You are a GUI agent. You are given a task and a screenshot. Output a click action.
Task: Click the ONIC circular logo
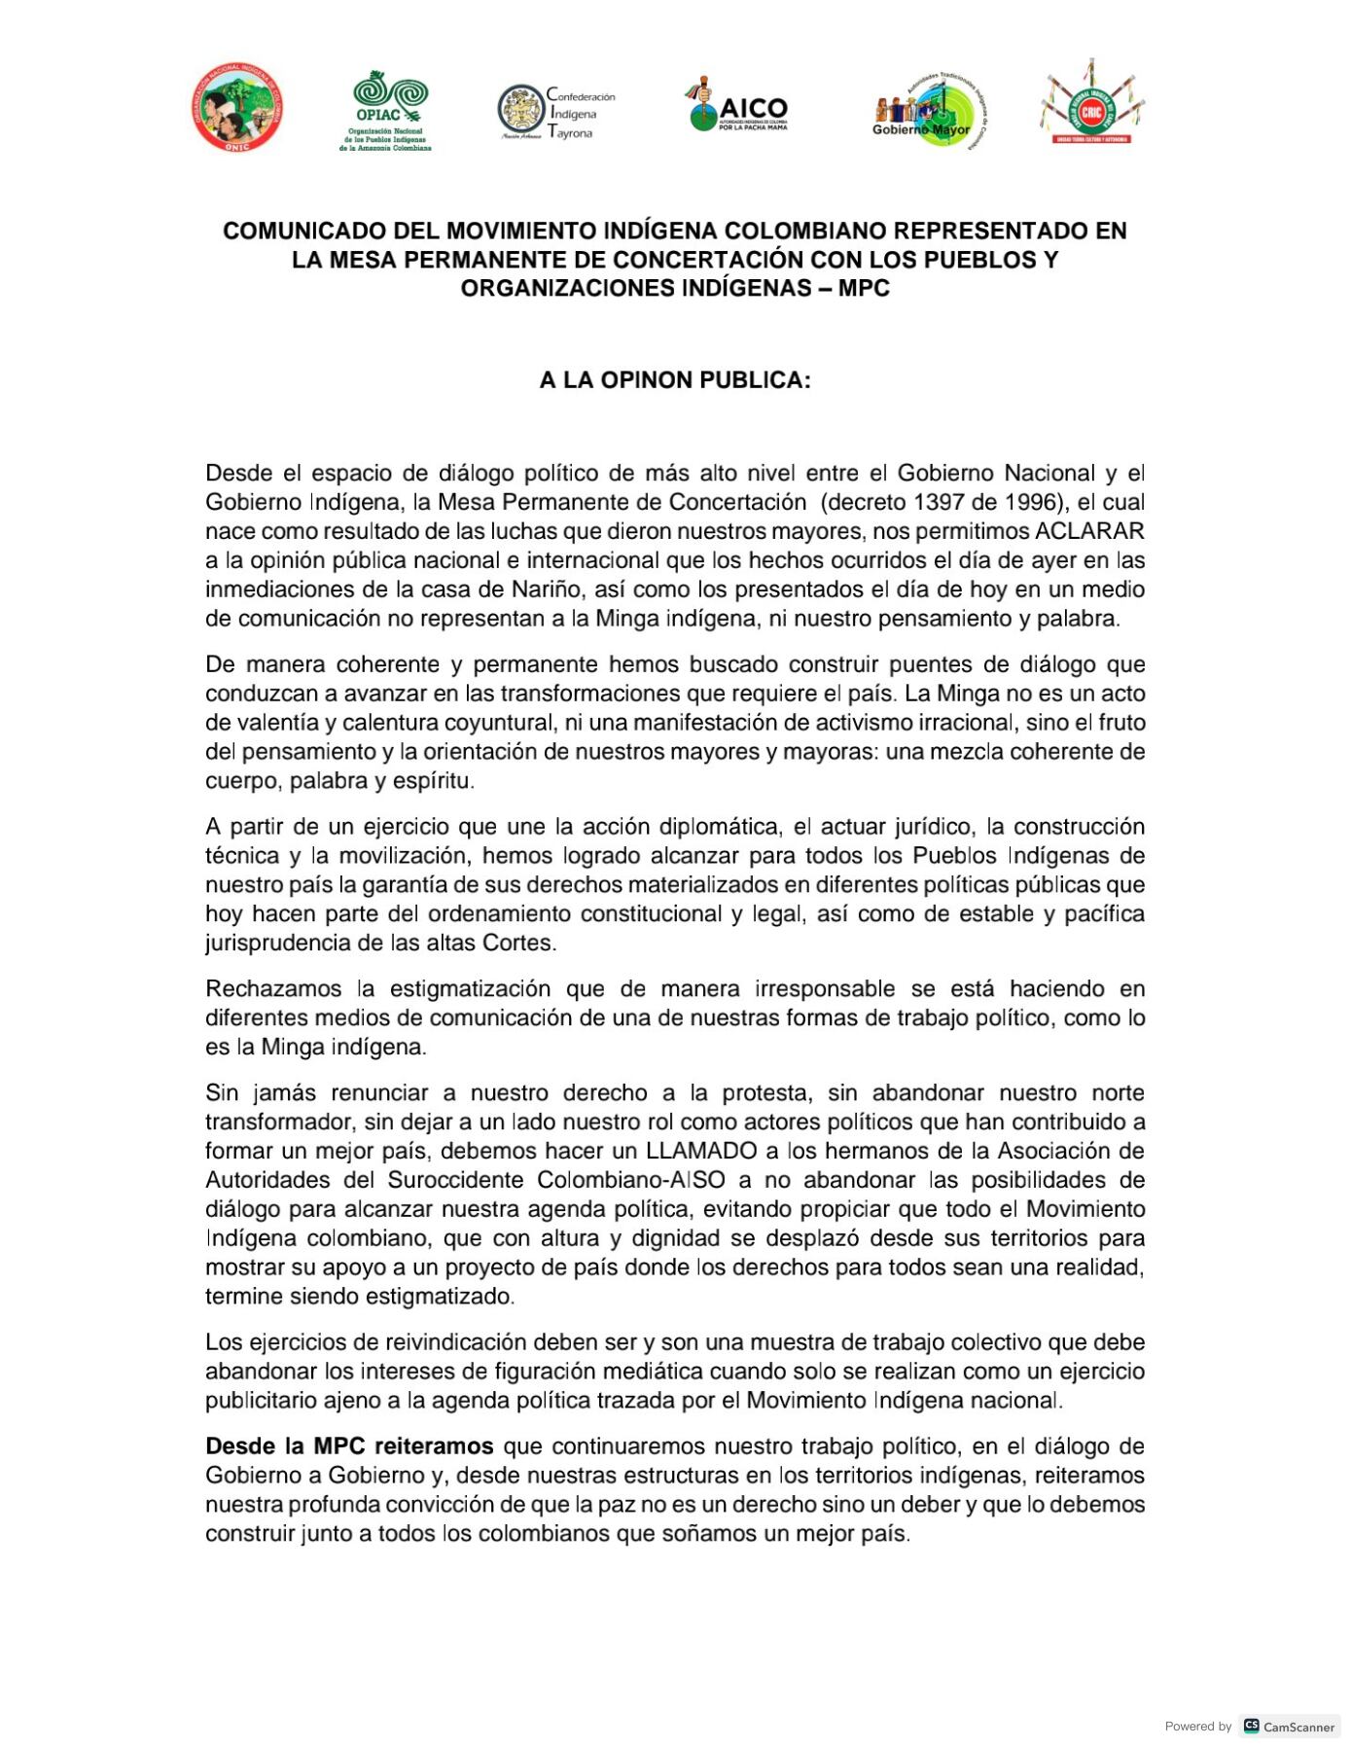coord(237,108)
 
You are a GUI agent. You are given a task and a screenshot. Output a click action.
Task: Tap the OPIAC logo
coord(389,110)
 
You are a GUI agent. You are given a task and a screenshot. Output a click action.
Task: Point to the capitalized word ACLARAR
coord(1089,532)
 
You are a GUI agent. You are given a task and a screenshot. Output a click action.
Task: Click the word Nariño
coord(547,589)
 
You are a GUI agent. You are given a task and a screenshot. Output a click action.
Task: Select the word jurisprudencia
coord(274,943)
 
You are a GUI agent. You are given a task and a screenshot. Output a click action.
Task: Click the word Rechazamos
coord(273,989)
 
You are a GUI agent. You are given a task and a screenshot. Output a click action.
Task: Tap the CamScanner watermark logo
coord(1290,1727)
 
